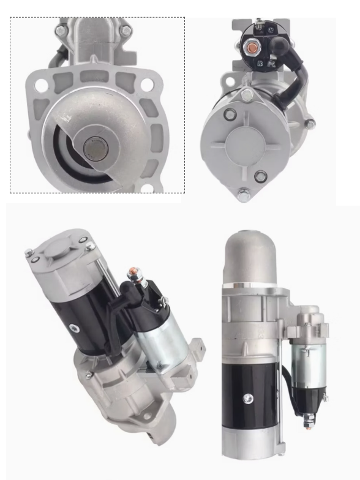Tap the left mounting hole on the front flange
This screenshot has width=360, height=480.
pos(40,86)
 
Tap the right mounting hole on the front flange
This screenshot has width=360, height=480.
pos(146,86)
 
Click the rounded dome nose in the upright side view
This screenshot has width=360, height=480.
pos(252,257)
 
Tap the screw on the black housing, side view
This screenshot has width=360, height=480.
pos(248,399)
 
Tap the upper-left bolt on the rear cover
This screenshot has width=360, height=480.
pos(230,114)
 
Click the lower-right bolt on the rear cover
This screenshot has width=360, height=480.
pos(261,176)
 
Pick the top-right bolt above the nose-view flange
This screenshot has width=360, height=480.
pos(126,30)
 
